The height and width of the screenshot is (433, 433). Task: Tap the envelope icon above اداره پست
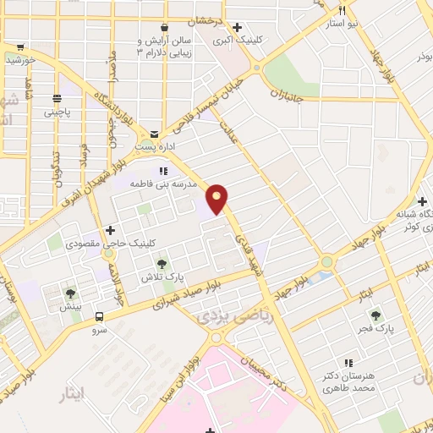(x=154, y=134)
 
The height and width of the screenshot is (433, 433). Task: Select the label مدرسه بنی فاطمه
(x=163, y=183)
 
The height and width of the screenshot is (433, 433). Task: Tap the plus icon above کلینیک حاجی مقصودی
(x=110, y=231)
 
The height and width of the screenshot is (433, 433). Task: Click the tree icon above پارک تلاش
(x=162, y=264)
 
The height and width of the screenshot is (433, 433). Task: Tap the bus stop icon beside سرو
(x=101, y=317)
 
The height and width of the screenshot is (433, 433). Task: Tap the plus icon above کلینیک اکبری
(x=236, y=26)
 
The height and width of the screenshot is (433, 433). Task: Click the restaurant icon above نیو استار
(x=343, y=11)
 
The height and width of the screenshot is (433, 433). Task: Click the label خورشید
(x=19, y=59)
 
